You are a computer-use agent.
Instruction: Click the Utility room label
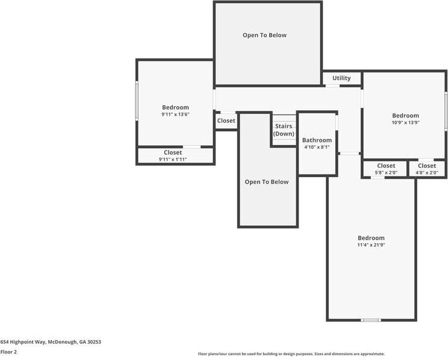click(x=341, y=78)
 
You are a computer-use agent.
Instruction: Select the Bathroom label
click(x=317, y=140)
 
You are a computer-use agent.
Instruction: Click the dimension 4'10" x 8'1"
click(x=317, y=147)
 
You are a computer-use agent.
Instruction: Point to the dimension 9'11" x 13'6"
click(x=175, y=114)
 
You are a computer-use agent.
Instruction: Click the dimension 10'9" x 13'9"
click(x=405, y=122)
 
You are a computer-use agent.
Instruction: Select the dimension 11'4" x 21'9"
click(x=371, y=244)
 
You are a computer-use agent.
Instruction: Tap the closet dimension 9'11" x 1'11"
click(x=173, y=159)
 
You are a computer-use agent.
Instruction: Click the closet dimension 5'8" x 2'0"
click(x=386, y=173)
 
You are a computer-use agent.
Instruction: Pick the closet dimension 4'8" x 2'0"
click(x=426, y=173)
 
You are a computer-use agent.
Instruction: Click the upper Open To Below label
click(x=264, y=36)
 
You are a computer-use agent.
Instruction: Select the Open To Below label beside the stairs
click(x=266, y=182)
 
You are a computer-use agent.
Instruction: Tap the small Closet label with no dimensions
click(x=226, y=121)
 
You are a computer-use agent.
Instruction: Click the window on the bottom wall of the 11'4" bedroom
click(x=370, y=320)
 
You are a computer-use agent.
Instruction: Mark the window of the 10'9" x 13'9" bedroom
click(x=446, y=111)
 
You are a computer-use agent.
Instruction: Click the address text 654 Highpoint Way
click(x=51, y=342)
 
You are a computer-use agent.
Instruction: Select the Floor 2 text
click(x=8, y=352)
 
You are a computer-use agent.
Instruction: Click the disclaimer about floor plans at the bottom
click(x=291, y=354)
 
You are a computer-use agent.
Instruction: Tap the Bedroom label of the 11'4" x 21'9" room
click(x=371, y=238)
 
